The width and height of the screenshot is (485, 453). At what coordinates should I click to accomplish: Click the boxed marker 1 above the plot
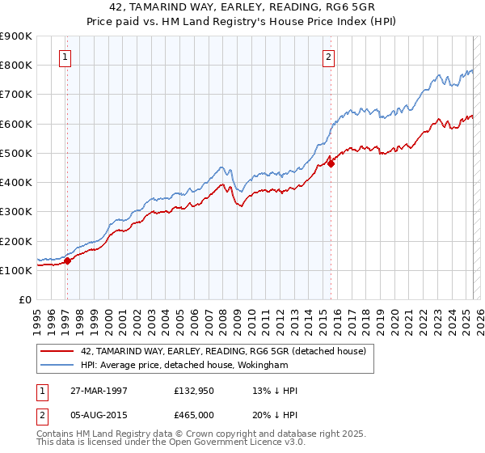click(64, 57)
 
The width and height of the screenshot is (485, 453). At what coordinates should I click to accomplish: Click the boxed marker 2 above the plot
click(329, 57)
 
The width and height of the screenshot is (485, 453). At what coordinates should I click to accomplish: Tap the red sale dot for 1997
click(68, 260)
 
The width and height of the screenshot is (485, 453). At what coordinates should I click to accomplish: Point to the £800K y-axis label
click(16, 65)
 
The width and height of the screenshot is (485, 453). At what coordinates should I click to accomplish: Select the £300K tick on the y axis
click(16, 211)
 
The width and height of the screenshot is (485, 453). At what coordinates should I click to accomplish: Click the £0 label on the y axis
click(24, 299)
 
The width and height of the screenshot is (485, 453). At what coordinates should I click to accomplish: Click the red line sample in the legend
click(57, 351)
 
